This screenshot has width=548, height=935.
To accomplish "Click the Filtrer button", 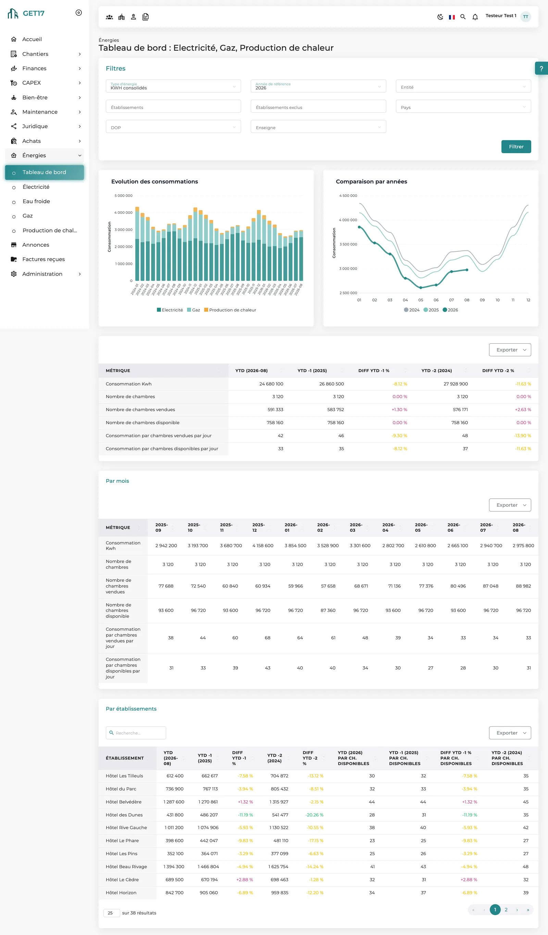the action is coord(516,147).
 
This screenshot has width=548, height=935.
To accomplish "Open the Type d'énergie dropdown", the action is coord(173,86).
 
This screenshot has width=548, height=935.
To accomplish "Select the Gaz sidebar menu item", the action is coord(27,216).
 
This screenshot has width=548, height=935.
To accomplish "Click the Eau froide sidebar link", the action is coord(36,201).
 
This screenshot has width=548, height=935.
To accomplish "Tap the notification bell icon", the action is coord(475,17).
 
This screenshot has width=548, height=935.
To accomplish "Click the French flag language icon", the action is coord(451,17).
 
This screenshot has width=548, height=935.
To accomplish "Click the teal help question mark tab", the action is coord(541,68).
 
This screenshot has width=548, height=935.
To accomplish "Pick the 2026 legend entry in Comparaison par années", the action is coord(450,310).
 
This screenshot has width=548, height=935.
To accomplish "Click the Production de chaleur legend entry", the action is coord(230,310).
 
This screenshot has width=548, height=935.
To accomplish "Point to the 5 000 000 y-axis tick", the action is coord(123,196).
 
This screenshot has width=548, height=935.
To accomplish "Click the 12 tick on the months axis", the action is coord(528,300).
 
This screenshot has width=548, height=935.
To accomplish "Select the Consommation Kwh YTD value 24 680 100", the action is coord(271,384).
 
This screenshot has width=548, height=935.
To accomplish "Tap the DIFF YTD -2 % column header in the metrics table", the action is coord(498,371).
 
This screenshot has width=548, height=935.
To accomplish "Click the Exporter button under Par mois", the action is coord(510,505).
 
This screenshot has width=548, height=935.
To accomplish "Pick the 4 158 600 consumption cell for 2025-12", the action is coord(263,545).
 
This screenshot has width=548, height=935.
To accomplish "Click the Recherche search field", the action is coord(136,733).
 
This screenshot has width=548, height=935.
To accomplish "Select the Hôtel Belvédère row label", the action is coord(124,802).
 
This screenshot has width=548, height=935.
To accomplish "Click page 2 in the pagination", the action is coord(506,909).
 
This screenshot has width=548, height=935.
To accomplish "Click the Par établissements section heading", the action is coord(131,709).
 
